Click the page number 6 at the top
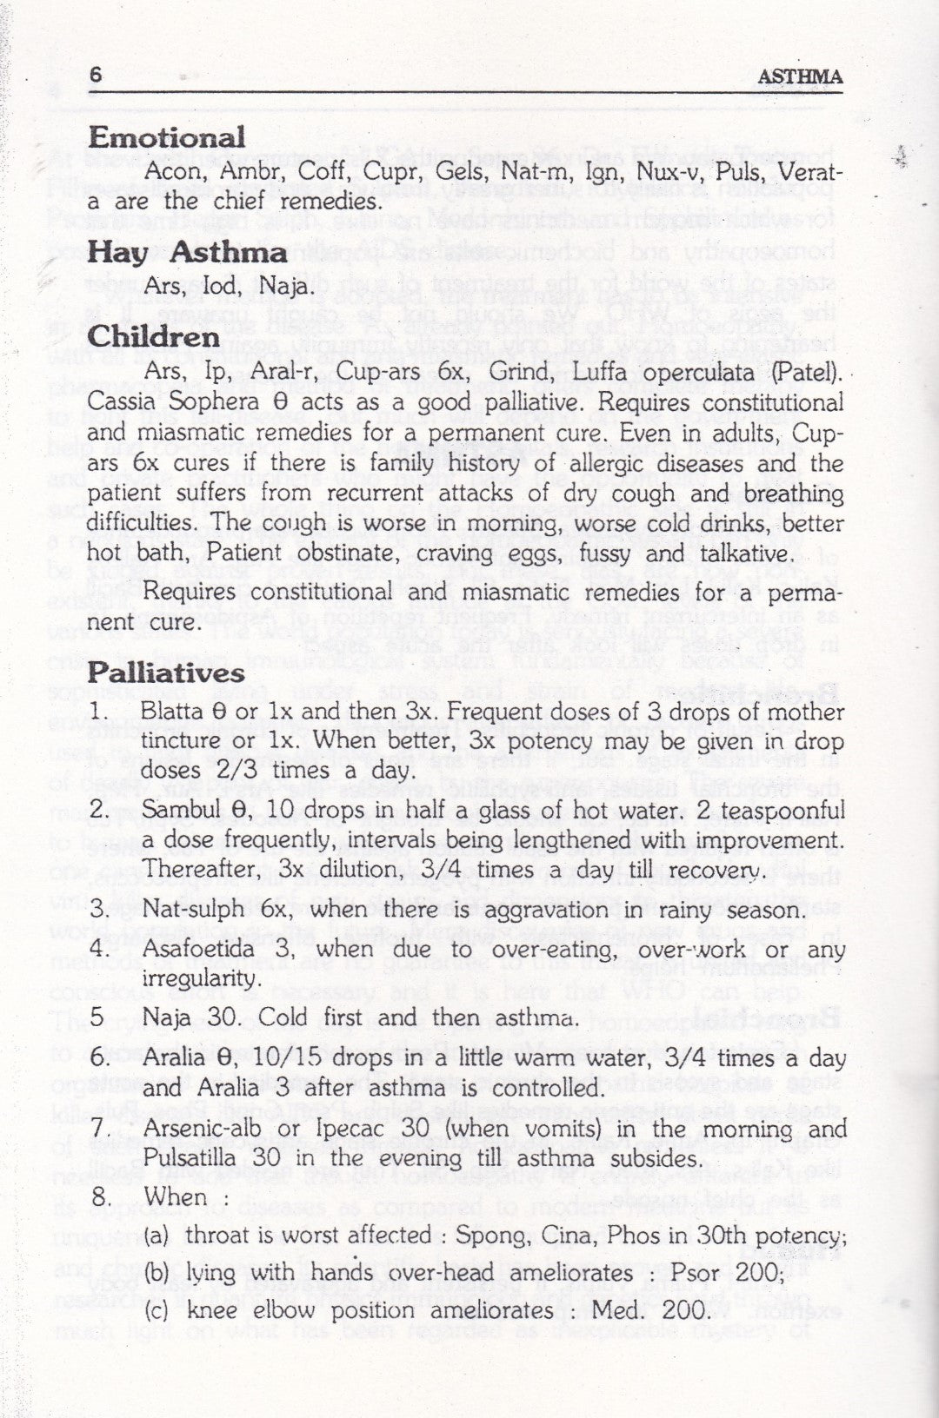point(96,76)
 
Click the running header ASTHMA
point(799,77)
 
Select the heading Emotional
point(167,137)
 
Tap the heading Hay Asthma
point(187,252)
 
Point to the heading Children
point(153,337)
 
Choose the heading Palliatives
point(166,673)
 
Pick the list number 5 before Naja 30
point(97,1017)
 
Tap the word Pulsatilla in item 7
point(189,1158)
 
